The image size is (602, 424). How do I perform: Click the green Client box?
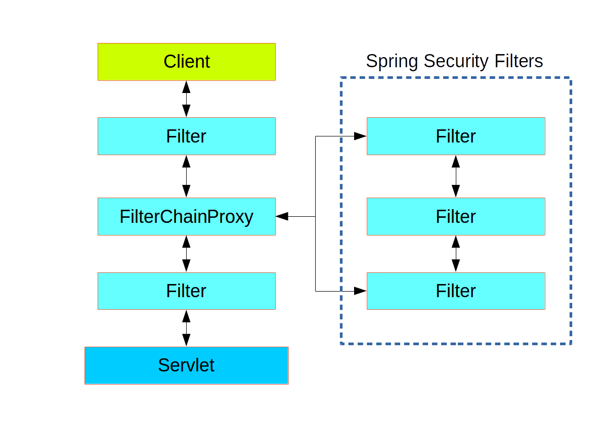click(186, 62)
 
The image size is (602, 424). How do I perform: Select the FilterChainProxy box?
click(186, 216)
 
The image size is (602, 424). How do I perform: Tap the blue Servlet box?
click(186, 365)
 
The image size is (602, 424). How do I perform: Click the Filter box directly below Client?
click(186, 136)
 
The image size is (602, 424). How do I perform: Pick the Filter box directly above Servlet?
click(186, 291)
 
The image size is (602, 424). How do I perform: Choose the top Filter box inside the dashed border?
click(455, 136)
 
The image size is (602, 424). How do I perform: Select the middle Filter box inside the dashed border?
click(455, 216)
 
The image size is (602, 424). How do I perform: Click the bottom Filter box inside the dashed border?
click(455, 291)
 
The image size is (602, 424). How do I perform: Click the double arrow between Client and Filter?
click(186, 99)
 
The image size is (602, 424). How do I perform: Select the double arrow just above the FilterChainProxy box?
click(186, 176)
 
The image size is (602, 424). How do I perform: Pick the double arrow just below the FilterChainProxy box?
click(186, 254)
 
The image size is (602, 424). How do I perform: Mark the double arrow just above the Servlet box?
click(186, 328)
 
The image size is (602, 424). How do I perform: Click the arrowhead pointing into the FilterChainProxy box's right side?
click(282, 216)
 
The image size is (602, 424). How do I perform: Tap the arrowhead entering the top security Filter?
click(360, 136)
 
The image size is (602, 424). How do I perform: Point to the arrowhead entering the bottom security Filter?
click(360, 291)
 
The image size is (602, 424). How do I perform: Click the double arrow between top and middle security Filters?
click(456, 176)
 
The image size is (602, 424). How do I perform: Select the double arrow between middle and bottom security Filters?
click(456, 254)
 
